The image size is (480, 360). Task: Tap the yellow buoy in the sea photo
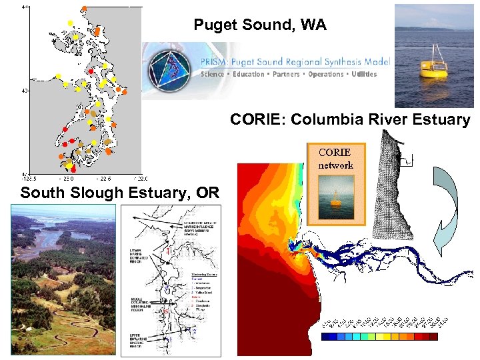(433, 65)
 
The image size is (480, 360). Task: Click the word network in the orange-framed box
(335, 165)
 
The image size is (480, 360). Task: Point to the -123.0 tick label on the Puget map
(67, 179)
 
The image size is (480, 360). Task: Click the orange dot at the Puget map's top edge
(84, 9)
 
